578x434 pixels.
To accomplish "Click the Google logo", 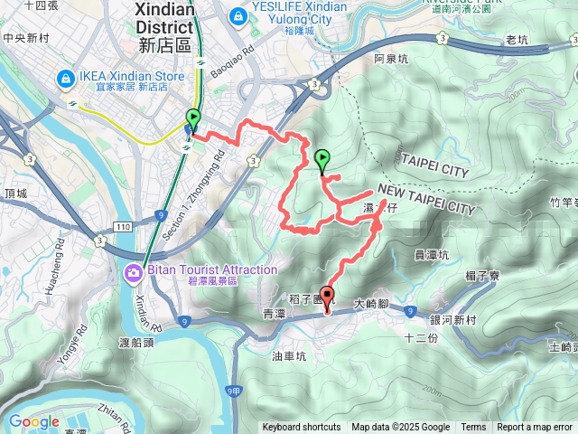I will tap(33, 421).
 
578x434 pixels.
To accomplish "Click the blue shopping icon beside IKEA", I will tap(66, 80).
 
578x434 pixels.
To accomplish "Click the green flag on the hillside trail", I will tap(323, 159).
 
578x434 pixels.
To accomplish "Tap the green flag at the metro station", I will tap(193, 118).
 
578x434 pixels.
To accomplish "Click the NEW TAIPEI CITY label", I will tap(424, 200).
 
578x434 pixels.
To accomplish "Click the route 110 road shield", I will tap(123, 224).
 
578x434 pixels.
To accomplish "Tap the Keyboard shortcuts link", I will tap(301, 428).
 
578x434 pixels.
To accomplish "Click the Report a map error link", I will tap(536, 428).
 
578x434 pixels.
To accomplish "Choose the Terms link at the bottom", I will tap(473, 428).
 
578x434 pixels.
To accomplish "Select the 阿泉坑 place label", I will tap(391, 59).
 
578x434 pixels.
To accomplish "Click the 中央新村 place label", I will tap(25, 38).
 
